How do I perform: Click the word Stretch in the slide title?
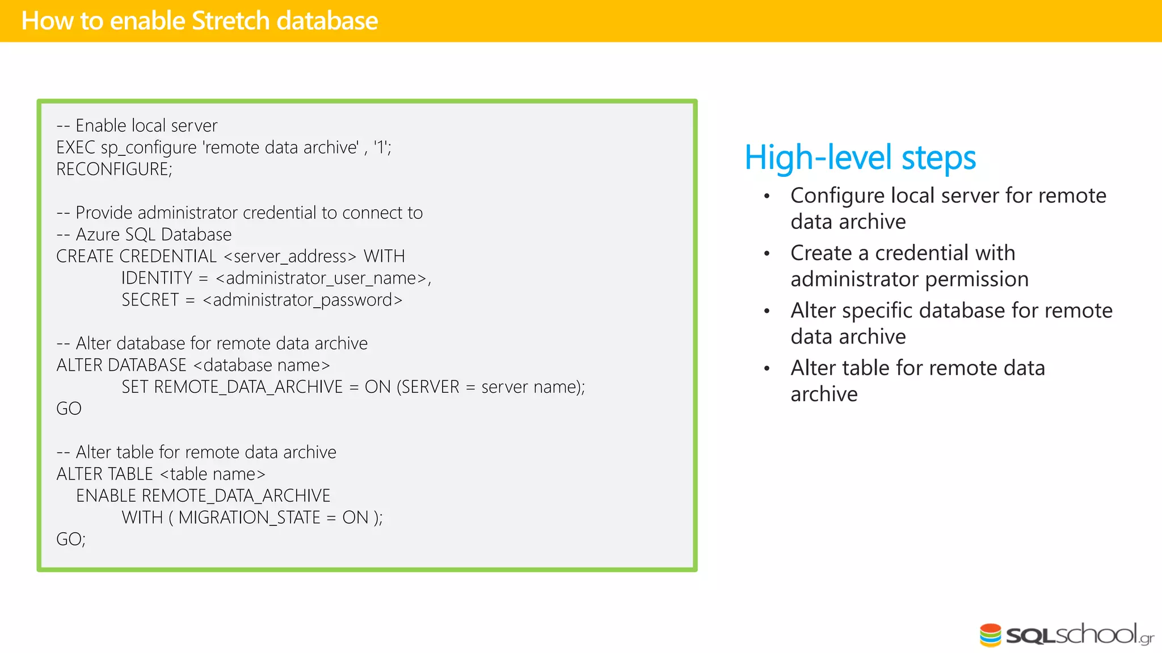click(x=230, y=21)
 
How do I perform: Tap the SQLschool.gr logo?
click(x=1066, y=635)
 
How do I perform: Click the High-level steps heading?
click(x=860, y=158)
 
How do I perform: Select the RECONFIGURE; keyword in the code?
click(x=114, y=169)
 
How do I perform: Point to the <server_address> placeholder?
click(x=290, y=256)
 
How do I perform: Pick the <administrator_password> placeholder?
click(x=302, y=300)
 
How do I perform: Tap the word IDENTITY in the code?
click(x=157, y=278)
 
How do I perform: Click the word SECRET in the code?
click(x=150, y=300)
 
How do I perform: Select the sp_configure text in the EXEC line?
click(x=149, y=148)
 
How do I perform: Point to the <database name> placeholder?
click(x=262, y=365)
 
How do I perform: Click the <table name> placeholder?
click(x=213, y=474)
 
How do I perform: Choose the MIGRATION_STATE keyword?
click(x=250, y=518)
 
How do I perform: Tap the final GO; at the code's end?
click(x=71, y=539)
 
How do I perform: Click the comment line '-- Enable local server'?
click(x=137, y=125)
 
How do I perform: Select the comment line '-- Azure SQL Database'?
click(x=144, y=235)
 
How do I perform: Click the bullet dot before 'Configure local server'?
click(x=767, y=196)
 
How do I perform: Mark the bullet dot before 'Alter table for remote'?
click(x=767, y=368)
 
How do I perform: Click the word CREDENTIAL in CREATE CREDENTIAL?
click(x=168, y=256)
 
